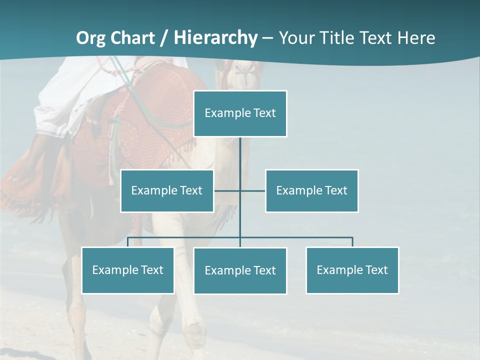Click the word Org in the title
(x=91, y=38)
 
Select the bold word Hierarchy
(x=215, y=38)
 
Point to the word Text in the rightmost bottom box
(x=376, y=270)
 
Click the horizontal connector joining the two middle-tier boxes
(x=252, y=190)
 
